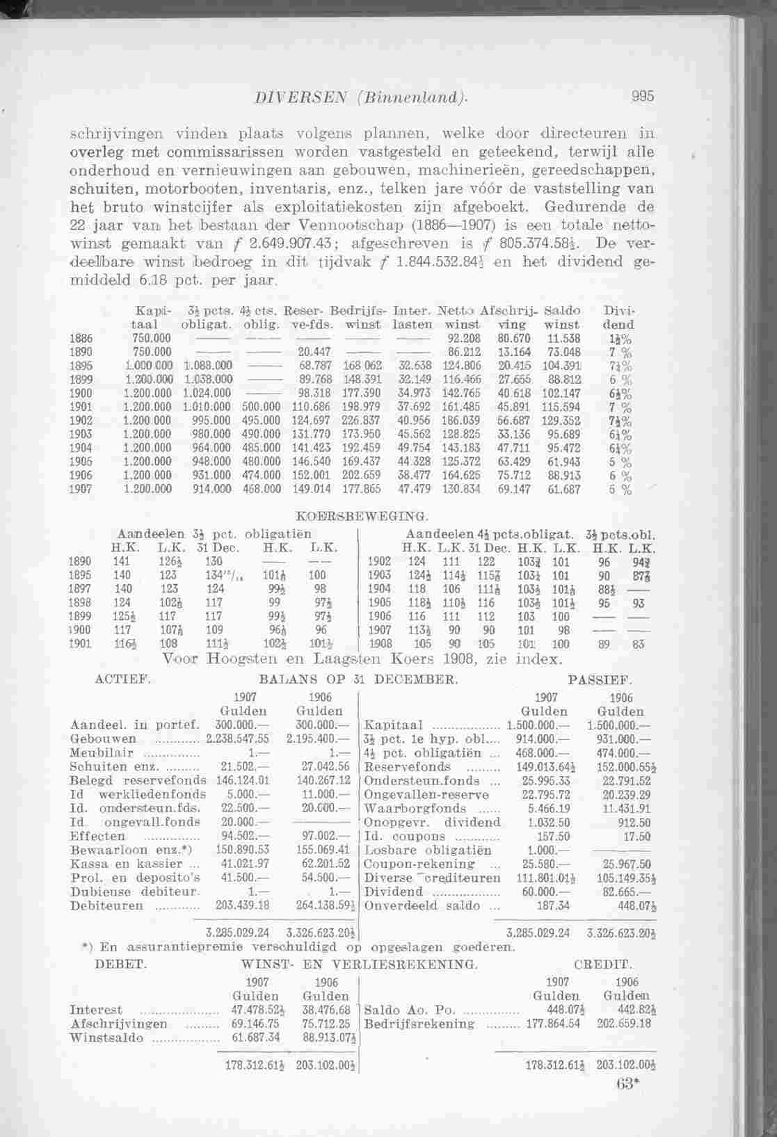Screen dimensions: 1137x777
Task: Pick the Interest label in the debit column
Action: (96, 1010)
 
